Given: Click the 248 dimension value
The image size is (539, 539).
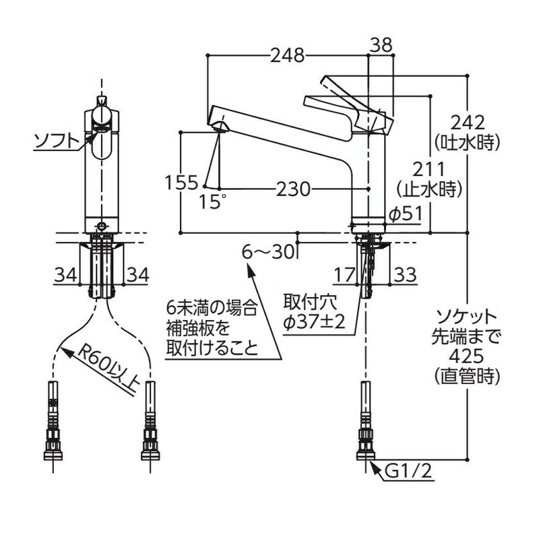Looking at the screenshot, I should pos(288,55).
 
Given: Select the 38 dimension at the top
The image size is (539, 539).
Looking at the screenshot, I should pos(381,44).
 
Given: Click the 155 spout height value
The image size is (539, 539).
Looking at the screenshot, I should pos(181,183).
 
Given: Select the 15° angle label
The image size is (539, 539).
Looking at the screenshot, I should pos(214,201).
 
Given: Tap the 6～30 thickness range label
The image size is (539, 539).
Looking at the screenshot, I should pos(269,252).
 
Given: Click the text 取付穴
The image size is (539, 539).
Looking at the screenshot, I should pos(306,301).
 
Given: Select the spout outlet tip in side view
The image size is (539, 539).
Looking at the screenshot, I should pos(220,129).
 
